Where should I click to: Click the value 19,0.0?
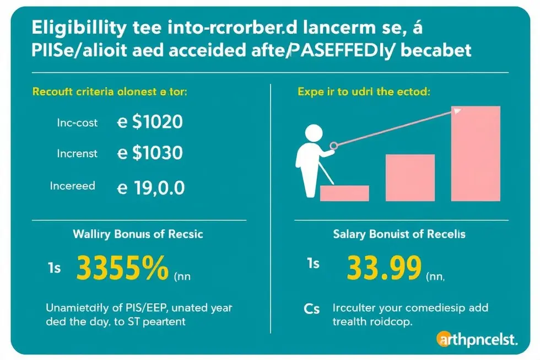159,189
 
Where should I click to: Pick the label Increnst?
77,154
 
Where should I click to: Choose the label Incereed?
73,186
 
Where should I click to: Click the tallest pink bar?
475,153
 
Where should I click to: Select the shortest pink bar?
344,193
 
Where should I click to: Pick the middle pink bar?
410,178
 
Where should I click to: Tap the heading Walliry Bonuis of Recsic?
138,234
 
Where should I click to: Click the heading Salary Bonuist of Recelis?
399,234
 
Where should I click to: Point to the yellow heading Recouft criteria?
110,92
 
